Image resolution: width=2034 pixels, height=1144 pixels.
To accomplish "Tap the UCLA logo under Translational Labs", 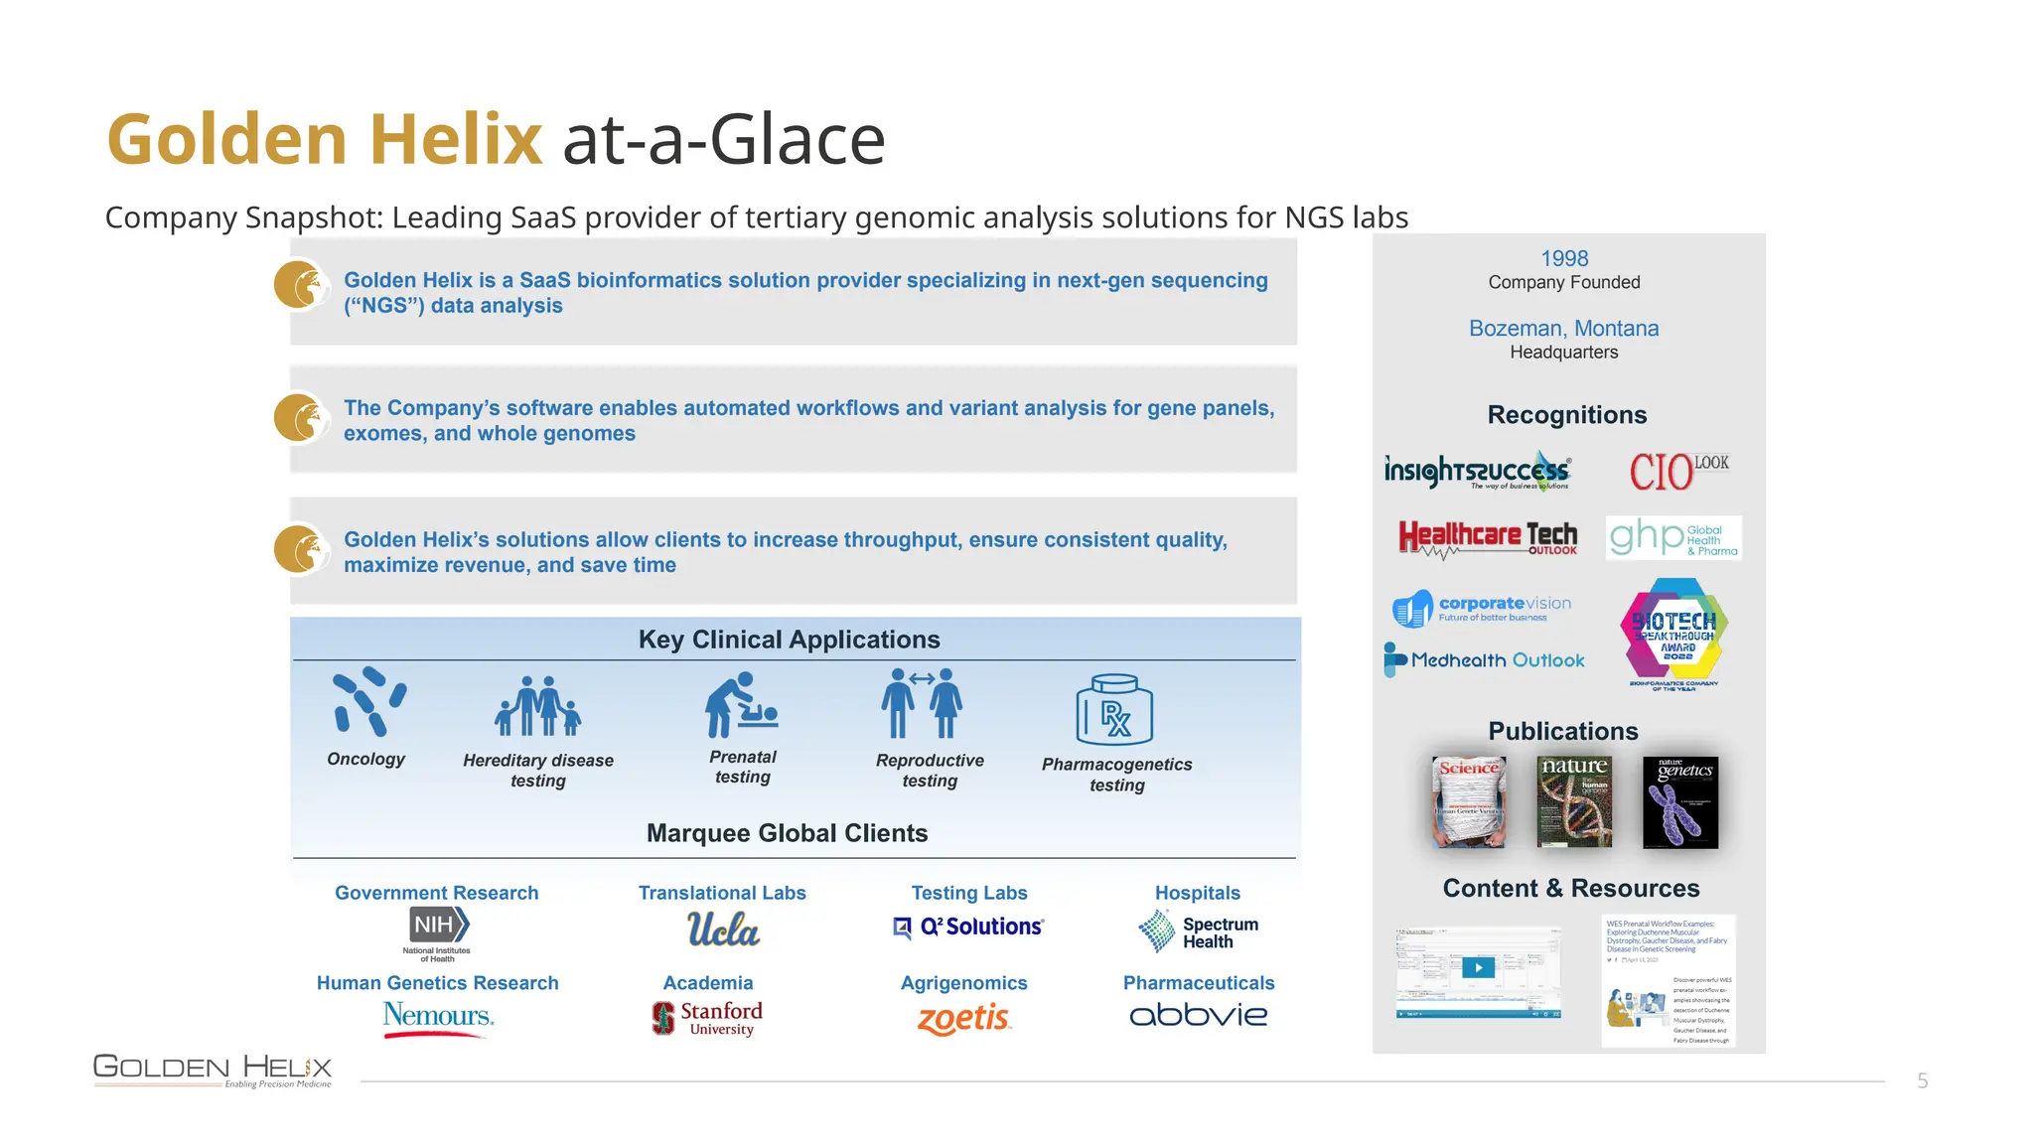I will [723, 929].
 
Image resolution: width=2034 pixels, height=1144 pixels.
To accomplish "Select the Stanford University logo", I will [708, 1017].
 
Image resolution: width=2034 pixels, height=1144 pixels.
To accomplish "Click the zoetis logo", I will [963, 1018].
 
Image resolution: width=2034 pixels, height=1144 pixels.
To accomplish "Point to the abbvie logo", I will [1198, 1015].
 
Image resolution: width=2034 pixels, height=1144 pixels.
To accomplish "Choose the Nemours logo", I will [438, 1017].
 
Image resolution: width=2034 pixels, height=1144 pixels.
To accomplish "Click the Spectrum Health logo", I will [1198, 931].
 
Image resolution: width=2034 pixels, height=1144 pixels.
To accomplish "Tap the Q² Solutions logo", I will [968, 927].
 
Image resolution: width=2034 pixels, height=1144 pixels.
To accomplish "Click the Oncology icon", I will [368, 701].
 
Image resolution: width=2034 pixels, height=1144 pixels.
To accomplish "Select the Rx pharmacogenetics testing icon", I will [1114, 710].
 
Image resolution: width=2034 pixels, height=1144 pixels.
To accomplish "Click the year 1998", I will [1564, 258].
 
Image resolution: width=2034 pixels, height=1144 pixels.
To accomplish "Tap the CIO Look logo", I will [1677, 471].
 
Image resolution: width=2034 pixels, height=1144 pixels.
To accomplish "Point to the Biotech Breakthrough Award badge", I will [1674, 633].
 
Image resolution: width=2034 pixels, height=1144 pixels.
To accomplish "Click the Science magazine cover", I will [1469, 801].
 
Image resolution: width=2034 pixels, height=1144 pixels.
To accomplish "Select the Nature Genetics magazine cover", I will [1679, 801].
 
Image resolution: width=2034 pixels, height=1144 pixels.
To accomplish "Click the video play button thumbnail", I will [1478, 968].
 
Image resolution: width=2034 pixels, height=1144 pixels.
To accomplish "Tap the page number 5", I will [1923, 1080].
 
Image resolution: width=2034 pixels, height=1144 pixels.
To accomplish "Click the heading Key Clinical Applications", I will [789, 640].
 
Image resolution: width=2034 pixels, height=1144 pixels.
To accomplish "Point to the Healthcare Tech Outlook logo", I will [1487, 537].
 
